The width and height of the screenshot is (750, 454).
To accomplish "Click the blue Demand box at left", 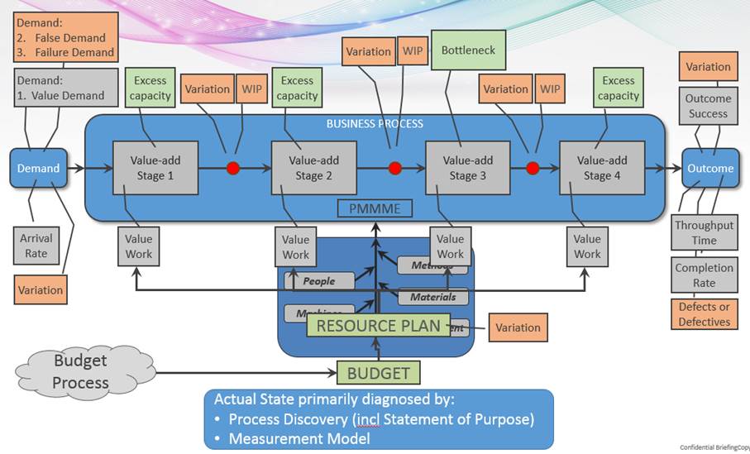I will click(39, 168).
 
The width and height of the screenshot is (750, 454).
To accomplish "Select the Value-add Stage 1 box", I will click(155, 168).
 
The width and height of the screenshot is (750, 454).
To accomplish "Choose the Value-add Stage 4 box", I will click(601, 168).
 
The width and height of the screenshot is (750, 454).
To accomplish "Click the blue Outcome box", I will click(709, 168).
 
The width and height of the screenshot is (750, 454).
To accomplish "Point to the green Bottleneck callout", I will click(468, 50).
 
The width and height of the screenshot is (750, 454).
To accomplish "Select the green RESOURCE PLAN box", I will click(379, 325).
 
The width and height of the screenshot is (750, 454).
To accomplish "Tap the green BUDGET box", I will click(378, 373).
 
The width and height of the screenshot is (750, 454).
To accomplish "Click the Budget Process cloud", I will click(80, 371).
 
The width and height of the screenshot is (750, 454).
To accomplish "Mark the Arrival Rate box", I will click(36, 246).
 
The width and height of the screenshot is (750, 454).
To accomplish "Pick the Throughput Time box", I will click(704, 232).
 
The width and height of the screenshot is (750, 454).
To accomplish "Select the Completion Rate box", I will click(704, 275).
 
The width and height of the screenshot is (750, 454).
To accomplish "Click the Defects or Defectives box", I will click(704, 314).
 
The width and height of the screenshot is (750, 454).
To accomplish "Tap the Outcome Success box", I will click(708, 106).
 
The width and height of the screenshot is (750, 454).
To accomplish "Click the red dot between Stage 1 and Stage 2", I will click(233, 168).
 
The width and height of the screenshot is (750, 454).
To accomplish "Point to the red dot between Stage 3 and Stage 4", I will click(533, 168).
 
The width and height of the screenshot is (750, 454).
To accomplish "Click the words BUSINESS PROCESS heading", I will click(375, 124).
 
